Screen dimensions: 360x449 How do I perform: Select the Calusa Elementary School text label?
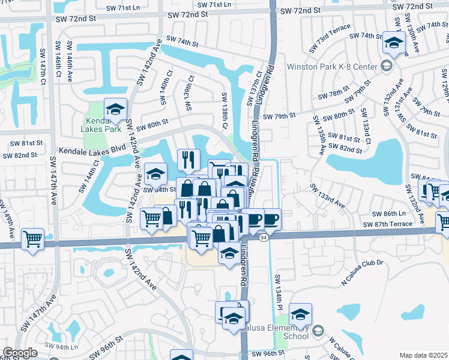tap(282, 332)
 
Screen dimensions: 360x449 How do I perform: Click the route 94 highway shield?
tap(264, 238)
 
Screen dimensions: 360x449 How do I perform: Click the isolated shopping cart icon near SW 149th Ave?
tap(33, 238)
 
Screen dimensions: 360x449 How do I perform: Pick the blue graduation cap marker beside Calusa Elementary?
tap(300, 314)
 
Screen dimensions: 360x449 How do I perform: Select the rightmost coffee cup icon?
tap(271, 219)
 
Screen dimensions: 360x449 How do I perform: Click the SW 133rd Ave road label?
tap(327, 197)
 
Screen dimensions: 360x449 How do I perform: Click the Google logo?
tap(20, 353)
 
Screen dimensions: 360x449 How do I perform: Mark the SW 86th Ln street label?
tap(388, 214)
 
